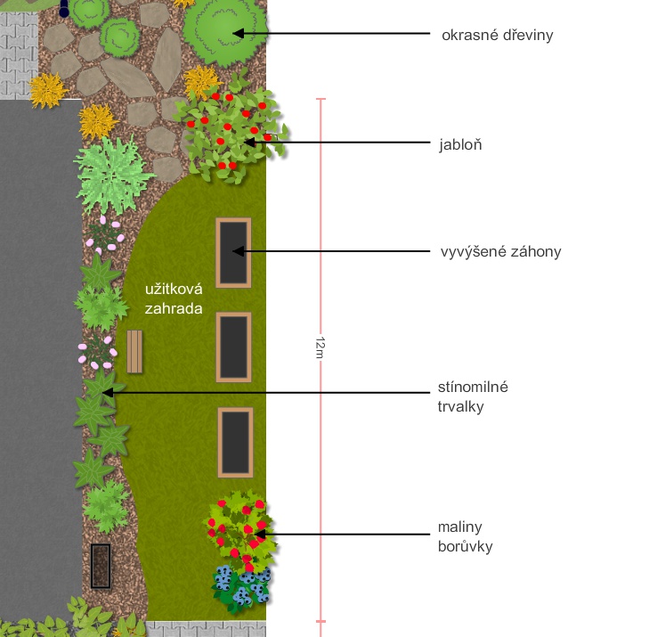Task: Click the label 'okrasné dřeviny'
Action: (x=498, y=36)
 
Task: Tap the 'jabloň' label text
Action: (x=460, y=144)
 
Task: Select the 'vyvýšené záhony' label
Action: (x=500, y=251)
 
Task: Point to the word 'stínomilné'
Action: (x=473, y=387)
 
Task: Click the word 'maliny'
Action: (x=459, y=527)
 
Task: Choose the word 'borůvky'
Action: (x=465, y=546)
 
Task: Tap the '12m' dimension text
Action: (x=320, y=347)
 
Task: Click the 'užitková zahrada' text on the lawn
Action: (x=174, y=298)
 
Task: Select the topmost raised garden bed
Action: (x=233, y=252)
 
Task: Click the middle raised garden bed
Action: (x=234, y=347)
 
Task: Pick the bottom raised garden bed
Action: (x=235, y=443)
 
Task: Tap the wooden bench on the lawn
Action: (x=134, y=351)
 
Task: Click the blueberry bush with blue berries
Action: (x=241, y=588)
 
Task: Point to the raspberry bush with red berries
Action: (x=239, y=529)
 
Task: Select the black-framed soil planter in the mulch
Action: (x=101, y=566)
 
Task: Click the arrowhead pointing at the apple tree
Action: (x=249, y=143)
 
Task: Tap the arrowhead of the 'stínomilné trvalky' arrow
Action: (x=108, y=393)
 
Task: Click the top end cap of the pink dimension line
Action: (x=320, y=99)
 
